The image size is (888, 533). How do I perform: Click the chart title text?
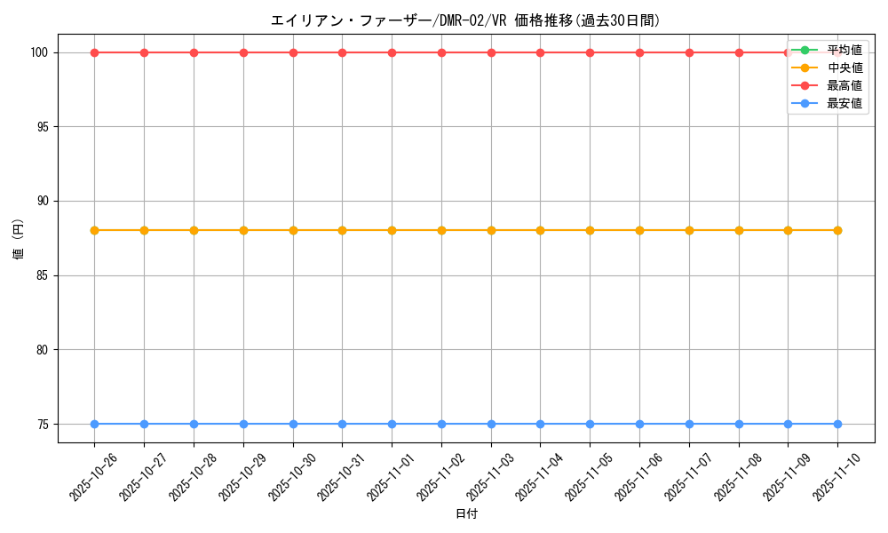[465, 20]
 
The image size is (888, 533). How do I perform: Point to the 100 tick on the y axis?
[41, 52]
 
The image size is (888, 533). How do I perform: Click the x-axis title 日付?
[466, 514]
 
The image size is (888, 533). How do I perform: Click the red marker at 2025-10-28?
[194, 52]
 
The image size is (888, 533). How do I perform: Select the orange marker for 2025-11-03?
[491, 230]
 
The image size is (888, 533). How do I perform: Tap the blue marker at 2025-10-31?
[342, 424]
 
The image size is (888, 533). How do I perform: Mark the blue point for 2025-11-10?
[837, 424]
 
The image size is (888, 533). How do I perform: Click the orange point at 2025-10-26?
[94, 230]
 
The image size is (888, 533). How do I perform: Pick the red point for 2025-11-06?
[639, 52]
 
